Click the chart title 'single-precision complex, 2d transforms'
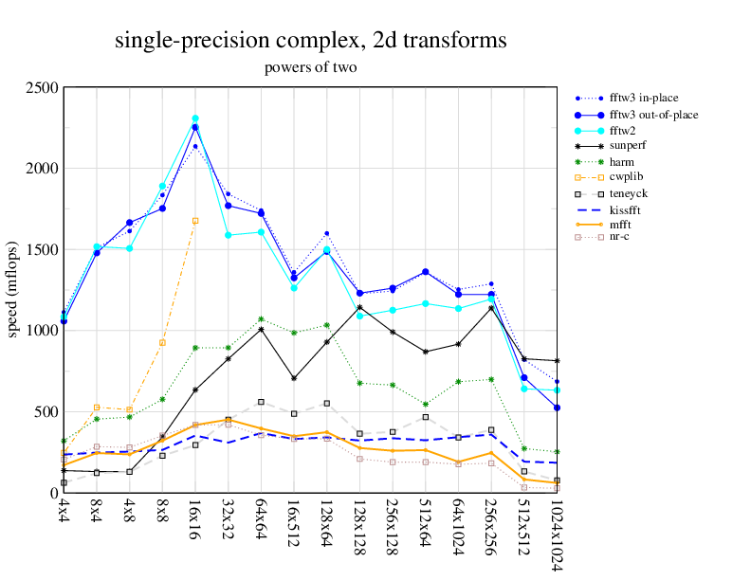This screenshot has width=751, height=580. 311,40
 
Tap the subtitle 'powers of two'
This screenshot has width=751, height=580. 311,67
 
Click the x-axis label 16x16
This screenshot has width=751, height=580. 195,519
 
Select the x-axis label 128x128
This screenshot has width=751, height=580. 359,525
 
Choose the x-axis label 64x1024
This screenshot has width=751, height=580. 458,529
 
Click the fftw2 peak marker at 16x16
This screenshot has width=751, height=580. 195,118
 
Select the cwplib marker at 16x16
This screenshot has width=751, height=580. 195,221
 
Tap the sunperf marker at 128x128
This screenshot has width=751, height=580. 359,307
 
